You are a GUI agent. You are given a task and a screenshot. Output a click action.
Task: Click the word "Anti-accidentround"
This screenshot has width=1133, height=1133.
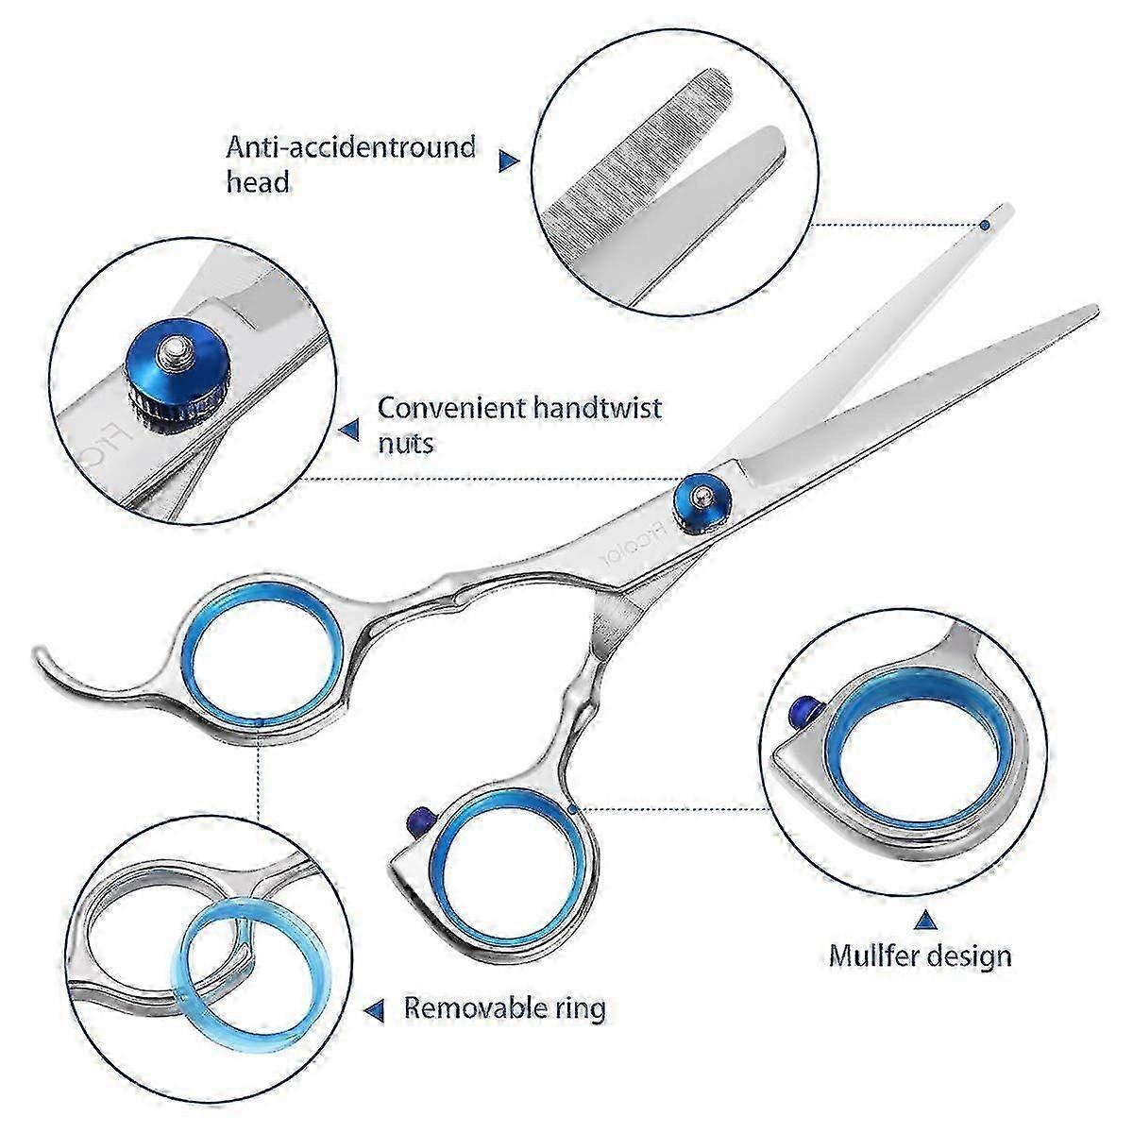(351, 147)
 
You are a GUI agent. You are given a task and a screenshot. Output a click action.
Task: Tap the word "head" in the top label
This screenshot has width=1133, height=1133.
(258, 181)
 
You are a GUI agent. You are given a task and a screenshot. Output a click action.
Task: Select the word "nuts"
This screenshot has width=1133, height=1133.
(406, 443)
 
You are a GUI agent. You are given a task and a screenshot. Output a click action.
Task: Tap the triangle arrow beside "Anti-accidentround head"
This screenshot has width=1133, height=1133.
(509, 161)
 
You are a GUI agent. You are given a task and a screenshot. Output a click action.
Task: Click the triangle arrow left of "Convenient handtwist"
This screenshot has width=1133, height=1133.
(349, 430)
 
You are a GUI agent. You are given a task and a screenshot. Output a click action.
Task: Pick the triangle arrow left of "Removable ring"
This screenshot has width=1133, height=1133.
(375, 1010)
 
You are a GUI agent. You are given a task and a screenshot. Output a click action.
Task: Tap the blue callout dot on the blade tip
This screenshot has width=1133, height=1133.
(984, 225)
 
